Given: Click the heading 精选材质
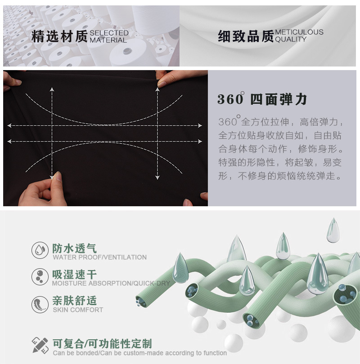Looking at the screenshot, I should [59, 36].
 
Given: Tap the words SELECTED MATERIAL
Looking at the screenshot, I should [109, 36].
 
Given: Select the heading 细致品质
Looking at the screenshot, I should [246, 36].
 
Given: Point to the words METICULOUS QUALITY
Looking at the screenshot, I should [299, 36].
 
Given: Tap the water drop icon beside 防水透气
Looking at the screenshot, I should [40, 250].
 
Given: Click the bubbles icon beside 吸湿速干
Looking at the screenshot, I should [40, 276].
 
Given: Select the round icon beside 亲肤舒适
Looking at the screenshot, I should [40, 304].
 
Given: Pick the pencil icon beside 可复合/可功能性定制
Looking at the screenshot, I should [40, 345].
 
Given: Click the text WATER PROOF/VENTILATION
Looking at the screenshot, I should [99, 257].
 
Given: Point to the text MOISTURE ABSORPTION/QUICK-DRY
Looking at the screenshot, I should [111, 284].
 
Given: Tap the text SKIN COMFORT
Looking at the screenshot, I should [78, 310].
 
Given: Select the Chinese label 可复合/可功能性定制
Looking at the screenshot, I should [102, 344].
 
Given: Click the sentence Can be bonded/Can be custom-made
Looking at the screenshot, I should [139, 353].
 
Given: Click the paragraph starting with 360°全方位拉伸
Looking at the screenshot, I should [281, 149].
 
